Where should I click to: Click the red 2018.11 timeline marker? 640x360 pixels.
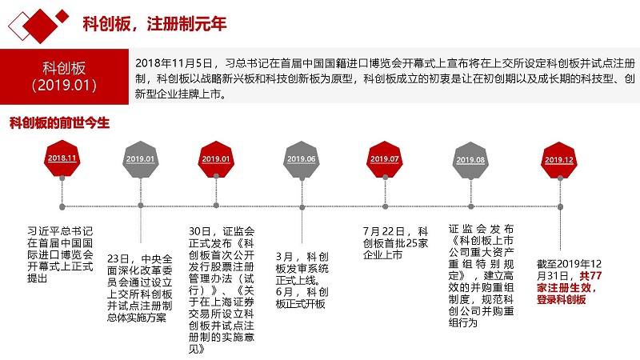(62, 158)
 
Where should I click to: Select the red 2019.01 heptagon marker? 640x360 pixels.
(216, 158)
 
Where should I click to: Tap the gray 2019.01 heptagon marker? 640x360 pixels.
(141, 158)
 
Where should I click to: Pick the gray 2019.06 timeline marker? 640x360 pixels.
(302, 158)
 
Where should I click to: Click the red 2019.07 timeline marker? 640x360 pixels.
(385, 158)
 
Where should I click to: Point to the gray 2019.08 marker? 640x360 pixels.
(470, 159)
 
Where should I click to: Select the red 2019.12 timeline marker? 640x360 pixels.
(559, 159)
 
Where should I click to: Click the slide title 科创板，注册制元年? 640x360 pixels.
(154, 24)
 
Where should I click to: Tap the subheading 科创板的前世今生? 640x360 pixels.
(59, 123)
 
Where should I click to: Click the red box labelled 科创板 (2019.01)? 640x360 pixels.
(64, 77)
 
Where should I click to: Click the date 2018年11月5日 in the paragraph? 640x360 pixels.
(174, 63)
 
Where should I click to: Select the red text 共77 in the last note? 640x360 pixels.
(590, 275)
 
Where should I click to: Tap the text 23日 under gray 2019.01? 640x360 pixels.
(118, 258)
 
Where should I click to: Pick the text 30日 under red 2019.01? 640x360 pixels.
(199, 231)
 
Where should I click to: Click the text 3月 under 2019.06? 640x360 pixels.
(285, 257)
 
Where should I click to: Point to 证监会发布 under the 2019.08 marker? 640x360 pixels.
(481, 229)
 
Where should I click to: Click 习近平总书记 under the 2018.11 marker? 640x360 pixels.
(61, 231)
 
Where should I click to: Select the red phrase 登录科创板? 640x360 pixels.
(562, 299)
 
